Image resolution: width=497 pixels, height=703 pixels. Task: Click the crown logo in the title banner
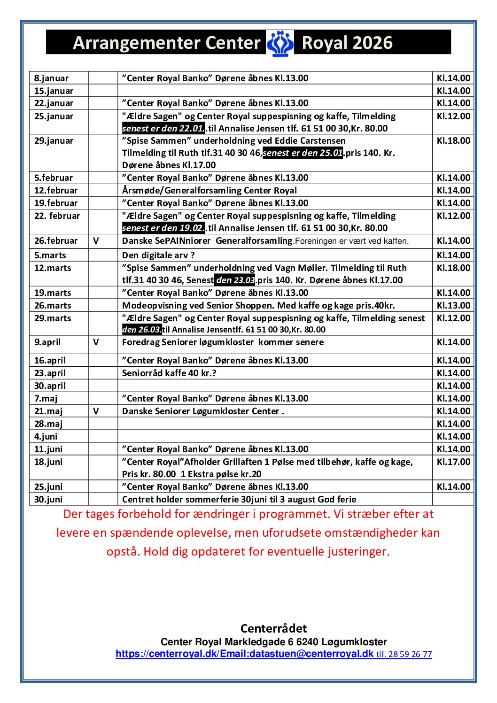(x=280, y=43)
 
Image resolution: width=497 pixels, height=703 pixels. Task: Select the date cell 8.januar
(x=51, y=78)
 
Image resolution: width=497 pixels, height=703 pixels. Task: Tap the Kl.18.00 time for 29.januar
(x=453, y=141)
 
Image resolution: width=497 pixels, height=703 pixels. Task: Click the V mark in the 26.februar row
(x=96, y=241)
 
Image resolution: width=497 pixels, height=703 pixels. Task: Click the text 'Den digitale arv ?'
(x=158, y=255)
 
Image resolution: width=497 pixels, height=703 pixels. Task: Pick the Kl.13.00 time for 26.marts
(x=453, y=306)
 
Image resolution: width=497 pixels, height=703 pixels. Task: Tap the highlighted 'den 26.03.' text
(x=142, y=330)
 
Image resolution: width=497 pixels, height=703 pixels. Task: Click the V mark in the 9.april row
(x=96, y=342)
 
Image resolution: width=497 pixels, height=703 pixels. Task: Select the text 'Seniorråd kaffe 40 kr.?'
(x=169, y=373)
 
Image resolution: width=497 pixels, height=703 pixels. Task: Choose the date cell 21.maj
(x=48, y=411)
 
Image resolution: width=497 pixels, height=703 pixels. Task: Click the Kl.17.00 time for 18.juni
(x=453, y=462)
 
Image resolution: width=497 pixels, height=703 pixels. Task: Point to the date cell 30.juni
(x=48, y=500)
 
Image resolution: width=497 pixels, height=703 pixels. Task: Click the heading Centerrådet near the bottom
(x=273, y=628)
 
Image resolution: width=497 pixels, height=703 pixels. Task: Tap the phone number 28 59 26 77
(x=410, y=654)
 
